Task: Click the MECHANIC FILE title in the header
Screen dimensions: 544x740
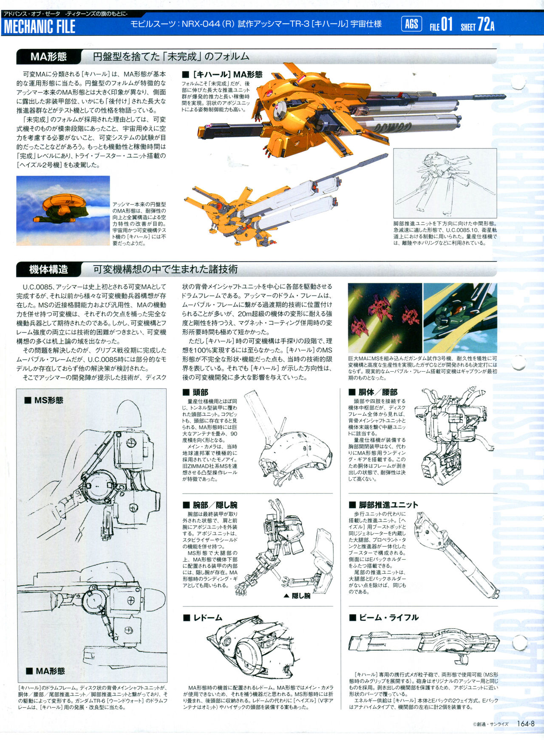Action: [40, 26]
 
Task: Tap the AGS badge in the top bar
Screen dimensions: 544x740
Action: [411, 24]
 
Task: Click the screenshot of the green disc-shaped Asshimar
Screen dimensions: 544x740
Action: [63, 211]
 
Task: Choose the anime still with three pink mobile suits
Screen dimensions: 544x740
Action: [385, 318]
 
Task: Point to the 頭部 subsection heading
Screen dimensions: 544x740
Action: [195, 392]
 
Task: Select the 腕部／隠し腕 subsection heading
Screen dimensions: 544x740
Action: [210, 505]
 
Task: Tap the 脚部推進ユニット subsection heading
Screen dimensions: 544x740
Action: [383, 505]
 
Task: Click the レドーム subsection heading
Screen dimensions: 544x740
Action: [203, 618]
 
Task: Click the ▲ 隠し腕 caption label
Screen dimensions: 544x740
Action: [297, 596]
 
